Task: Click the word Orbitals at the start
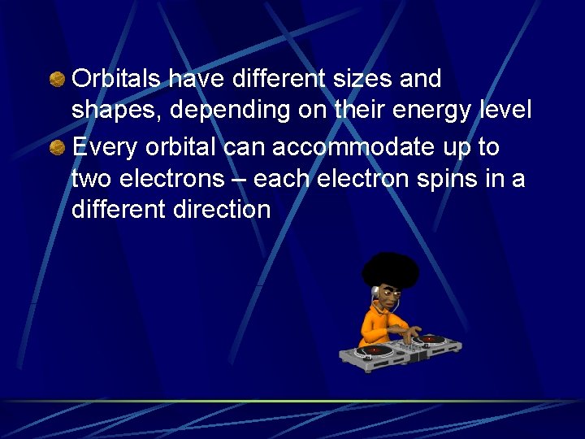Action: [x=119, y=79]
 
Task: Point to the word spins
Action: [x=443, y=179]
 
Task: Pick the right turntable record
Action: [x=430, y=338]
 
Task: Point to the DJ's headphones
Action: [x=377, y=293]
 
